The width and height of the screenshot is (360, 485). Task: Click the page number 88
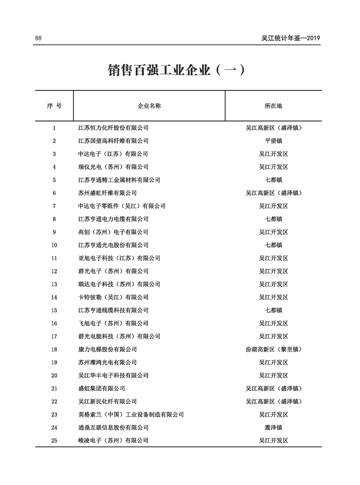click(x=38, y=38)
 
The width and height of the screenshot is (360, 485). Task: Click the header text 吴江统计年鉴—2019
click(x=291, y=38)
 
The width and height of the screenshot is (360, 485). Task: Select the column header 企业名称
click(x=149, y=106)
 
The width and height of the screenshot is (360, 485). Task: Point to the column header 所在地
click(x=273, y=106)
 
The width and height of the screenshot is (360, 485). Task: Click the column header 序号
click(x=54, y=106)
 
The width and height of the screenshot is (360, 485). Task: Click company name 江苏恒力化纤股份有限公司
click(x=113, y=128)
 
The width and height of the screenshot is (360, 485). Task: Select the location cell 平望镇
click(x=273, y=141)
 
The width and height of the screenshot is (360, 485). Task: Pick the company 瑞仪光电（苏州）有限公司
click(x=113, y=167)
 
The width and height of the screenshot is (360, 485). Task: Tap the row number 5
click(x=54, y=180)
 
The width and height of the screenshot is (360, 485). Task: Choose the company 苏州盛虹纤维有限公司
click(x=107, y=193)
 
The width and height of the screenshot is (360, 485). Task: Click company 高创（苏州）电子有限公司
click(x=113, y=232)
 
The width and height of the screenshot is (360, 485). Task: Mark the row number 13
click(x=54, y=284)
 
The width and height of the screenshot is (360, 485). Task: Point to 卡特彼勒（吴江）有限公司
click(x=113, y=297)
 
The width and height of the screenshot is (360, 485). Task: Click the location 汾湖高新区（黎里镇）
click(x=273, y=349)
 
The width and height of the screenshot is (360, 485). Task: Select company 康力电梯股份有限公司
click(x=107, y=349)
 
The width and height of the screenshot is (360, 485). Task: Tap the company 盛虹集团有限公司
click(x=101, y=388)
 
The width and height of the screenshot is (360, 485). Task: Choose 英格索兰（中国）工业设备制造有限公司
click(x=131, y=414)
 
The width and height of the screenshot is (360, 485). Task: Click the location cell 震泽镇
click(x=273, y=427)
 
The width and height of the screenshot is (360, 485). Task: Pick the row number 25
click(x=54, y=440)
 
